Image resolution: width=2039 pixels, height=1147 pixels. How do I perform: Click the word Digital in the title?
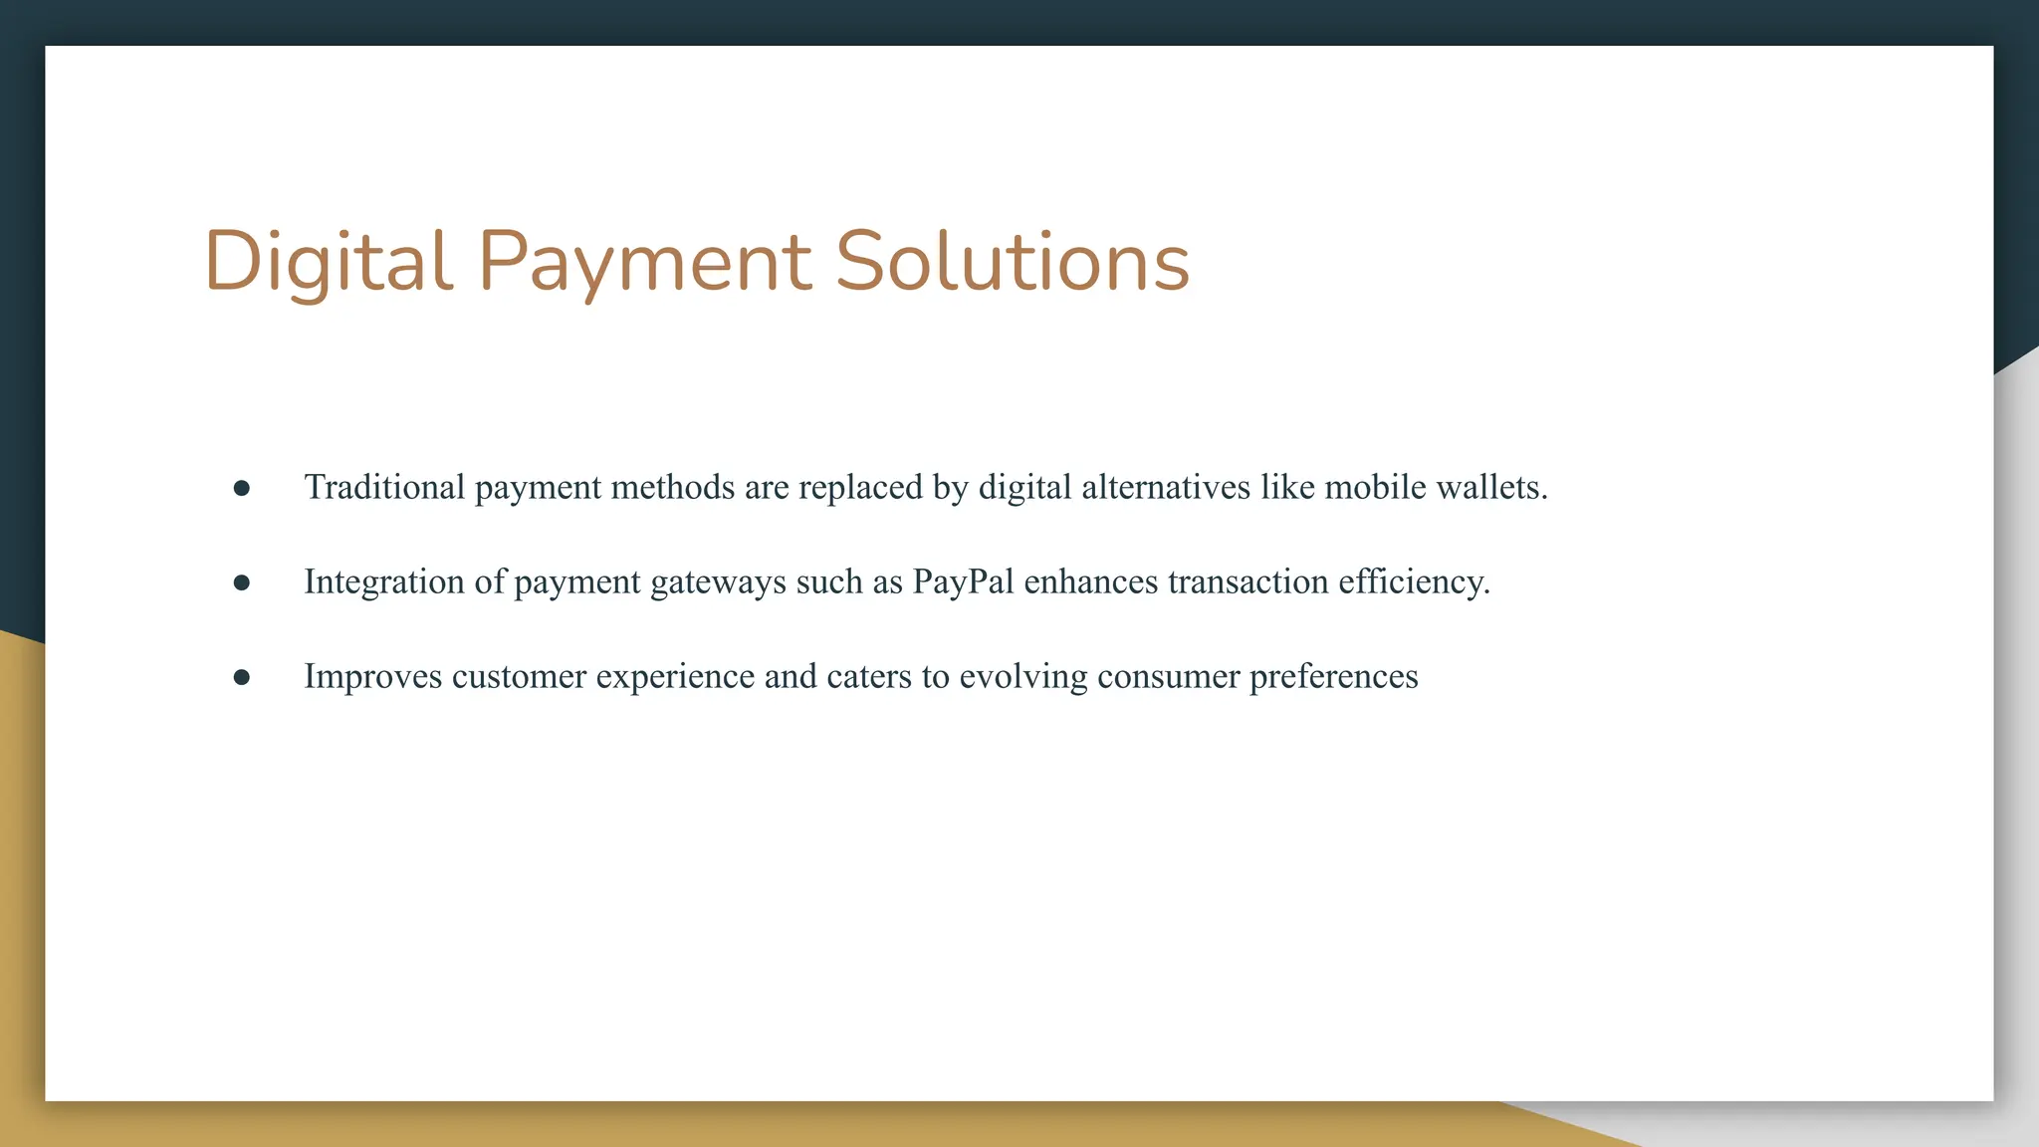pos(329,261)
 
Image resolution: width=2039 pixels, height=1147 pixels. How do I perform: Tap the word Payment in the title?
pos(644,261)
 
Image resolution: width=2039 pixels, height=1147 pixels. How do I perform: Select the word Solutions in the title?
pos(1012,261)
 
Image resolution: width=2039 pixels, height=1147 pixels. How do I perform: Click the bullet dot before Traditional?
pos(242,488)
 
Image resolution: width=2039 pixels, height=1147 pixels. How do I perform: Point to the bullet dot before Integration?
pos(242,582)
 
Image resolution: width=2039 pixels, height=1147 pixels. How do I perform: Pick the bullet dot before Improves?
pos(242,677)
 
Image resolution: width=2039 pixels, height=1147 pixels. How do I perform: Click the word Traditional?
pos(384,487)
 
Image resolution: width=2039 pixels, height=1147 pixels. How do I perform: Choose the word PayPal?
pos(963,581)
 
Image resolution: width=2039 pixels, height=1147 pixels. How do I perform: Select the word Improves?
pos(372,677)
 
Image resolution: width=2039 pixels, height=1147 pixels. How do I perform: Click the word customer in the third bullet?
pos(519,677)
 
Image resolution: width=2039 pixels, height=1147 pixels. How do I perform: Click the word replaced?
pos(860,487)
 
